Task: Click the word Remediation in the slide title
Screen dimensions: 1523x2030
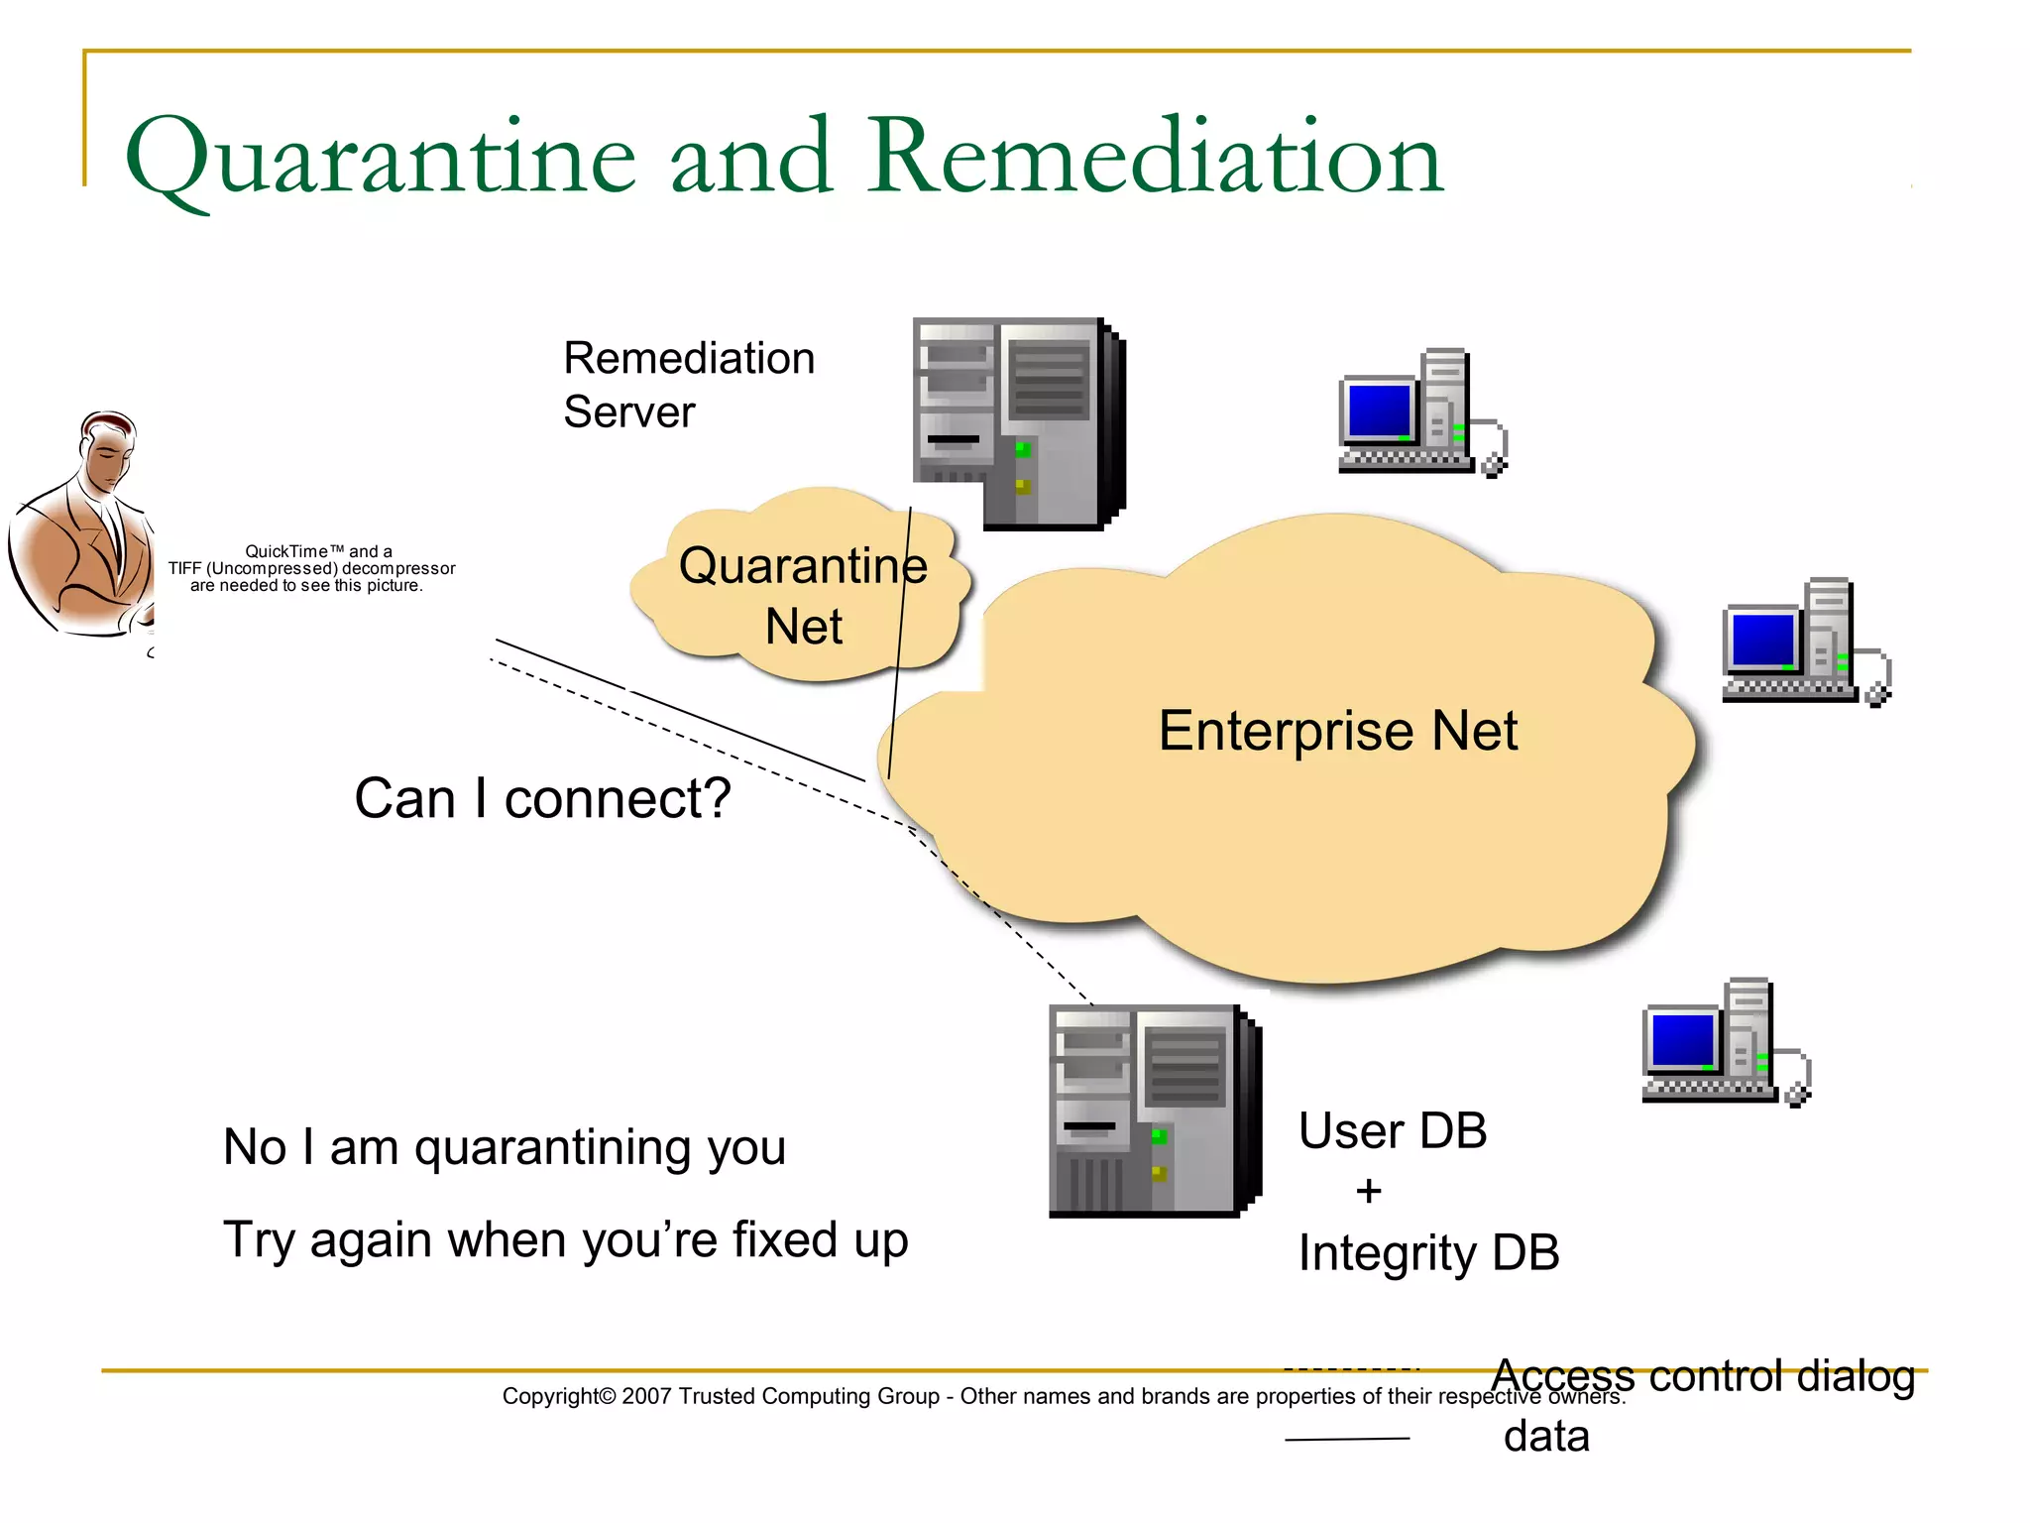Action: click(x=1156, y=157)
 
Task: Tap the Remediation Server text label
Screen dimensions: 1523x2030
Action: click(x=689, y=385)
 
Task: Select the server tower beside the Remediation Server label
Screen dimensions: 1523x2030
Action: click(x=1017, y=423)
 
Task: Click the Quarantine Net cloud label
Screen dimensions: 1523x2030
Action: click(x=803, y=595)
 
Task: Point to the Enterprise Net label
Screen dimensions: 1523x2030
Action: click(x=1337, y=731)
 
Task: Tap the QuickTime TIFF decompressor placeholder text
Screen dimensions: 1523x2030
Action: click(x=310, y=568)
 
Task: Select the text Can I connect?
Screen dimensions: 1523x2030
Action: click(x=542, y=798)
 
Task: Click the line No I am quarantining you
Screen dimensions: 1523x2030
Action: click(x=505, y=1147)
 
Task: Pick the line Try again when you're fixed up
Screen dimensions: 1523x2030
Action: click(x=565, y=1239)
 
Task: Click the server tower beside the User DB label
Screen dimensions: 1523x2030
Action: click(x=1154, y=1111)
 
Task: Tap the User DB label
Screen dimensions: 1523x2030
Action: click(x=1393, y=1130)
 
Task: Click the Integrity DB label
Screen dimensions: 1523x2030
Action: click(x=1428, y=1252)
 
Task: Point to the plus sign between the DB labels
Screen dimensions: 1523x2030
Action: click(x=1368, y=1191)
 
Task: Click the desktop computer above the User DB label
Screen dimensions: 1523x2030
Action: click(x=1725, y=1042)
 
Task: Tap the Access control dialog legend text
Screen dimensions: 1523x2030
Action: click(x=1702, y=1375)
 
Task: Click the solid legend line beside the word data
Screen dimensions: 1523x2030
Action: click(x=1347, y=1438)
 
